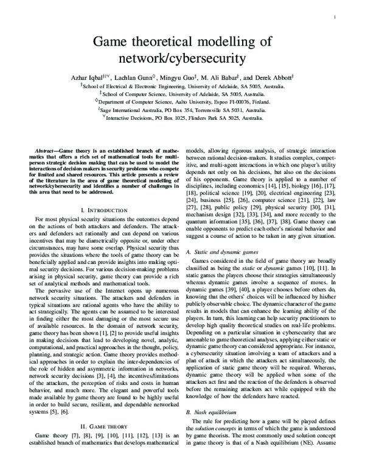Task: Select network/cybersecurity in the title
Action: coord(182,59)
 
